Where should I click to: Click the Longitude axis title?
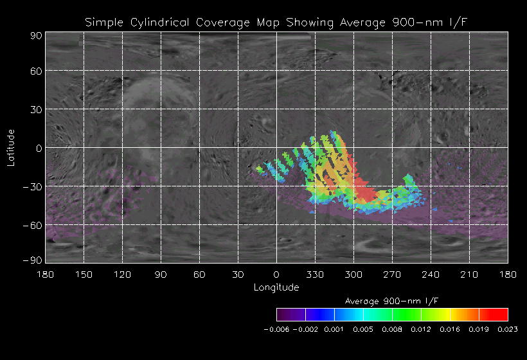(x=276, y=287)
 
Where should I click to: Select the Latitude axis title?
(x=11, y=147)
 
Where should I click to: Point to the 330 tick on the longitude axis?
(x=315, y=275)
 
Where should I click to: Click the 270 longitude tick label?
(x=392, y=275)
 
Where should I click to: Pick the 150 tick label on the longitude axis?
(x=84, y=275)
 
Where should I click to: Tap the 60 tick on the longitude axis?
(x=199, y=275)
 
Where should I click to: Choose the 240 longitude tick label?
(x=431, y=275)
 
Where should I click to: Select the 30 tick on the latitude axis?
(x=35, y=109)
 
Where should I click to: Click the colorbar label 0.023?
(x=507, y=329)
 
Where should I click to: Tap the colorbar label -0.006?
(x=277, y=329)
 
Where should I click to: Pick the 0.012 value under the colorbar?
(x=421, y=329)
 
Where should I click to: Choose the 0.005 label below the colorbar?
(x=363, y=329)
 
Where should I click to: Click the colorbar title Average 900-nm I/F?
(x=391, y=301)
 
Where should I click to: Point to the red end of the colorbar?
(x=502, y=314)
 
